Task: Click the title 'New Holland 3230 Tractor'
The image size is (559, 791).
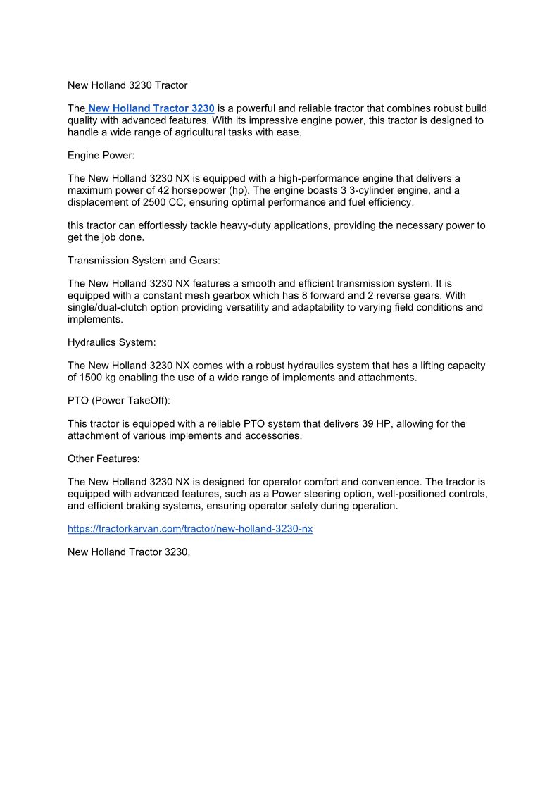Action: coord(127,85)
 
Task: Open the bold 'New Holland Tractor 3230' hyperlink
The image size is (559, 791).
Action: coord(151,108)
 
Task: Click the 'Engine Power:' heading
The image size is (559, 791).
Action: coord(101,155)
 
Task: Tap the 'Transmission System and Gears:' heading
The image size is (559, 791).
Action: coord(144,261)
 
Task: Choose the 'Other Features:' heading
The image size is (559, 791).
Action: coord(103,459)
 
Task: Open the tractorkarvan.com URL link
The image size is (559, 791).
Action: coord(190,529)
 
